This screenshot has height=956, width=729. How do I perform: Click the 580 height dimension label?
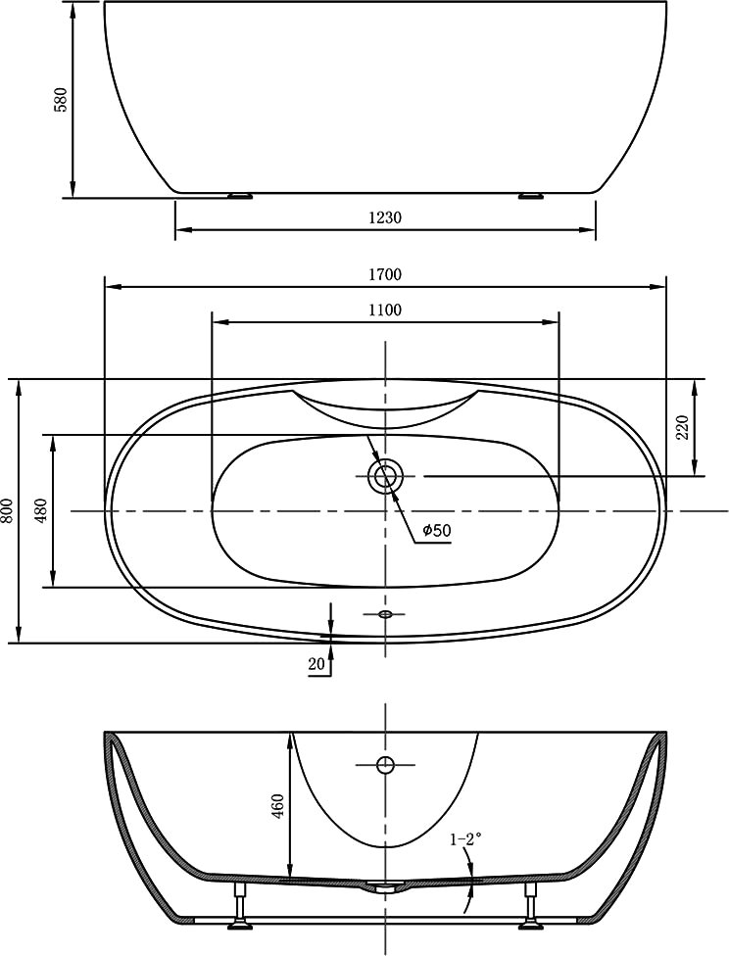coord(61,99)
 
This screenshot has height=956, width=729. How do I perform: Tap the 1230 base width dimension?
coord(385,217)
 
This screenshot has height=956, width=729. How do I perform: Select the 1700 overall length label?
coord(385,274)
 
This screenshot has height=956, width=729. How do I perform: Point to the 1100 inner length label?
coord(385,310)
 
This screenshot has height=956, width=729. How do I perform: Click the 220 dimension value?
coord(683,427)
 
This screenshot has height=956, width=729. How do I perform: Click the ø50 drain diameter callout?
coord(437,531)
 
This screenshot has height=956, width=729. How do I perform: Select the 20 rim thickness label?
coord(316,664)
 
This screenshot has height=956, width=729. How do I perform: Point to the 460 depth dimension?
coord(278,806)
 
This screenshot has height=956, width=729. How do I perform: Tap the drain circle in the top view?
coord(385,476)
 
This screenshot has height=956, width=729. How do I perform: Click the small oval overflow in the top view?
coord(385,614)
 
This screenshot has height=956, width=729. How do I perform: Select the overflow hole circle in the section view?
coord(385,764)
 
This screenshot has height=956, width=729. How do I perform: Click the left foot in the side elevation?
coord(240,196)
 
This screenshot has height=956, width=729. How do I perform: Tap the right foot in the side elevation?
coord(531,196)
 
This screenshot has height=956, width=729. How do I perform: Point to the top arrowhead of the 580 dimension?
coord(73,9)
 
